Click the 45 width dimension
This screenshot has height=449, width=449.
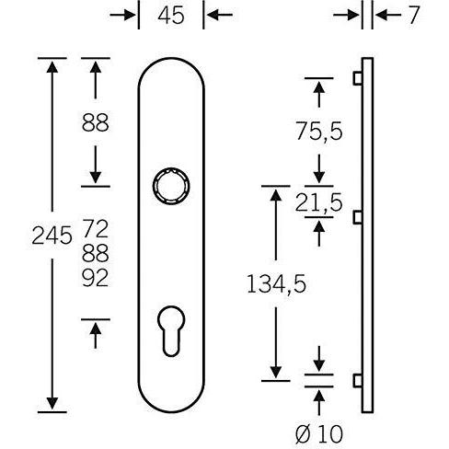(x=171, y=16)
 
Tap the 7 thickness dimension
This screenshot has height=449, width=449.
(x=413, y=16)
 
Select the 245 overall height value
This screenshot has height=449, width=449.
(x=52, y=236)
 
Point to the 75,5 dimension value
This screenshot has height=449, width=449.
(x=319, y=132)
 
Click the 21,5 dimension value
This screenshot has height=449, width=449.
(x=318, y=202)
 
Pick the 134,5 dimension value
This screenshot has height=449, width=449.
(x=276, y=283)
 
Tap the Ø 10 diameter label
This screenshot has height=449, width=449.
(x=319, y=433)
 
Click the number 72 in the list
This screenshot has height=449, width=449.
(x=96, y=228)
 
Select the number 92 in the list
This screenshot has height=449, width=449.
(x=96, y=278)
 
